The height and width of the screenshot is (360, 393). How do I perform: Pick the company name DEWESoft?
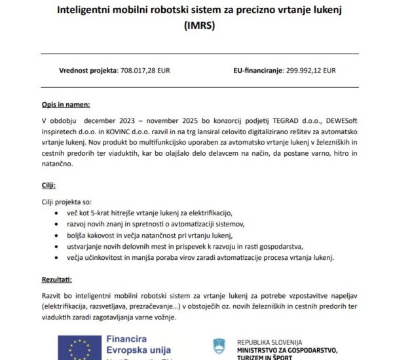[x=317, y=120]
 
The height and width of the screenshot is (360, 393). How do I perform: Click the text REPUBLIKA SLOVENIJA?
[x=270, y=342]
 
